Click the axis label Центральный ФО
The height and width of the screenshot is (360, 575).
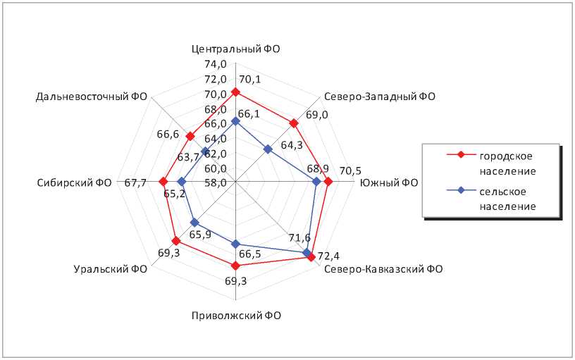pos(236,49)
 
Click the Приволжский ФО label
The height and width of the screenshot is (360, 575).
pos(236,316)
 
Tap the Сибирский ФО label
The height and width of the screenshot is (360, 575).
pos(74,182)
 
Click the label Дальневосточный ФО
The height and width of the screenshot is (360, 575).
pos(91,97)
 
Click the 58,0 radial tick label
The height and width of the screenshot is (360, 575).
pos(215,182)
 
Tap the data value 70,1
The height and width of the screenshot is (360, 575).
pos(249,79)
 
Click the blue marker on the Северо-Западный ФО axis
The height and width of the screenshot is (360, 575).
pos(268,149)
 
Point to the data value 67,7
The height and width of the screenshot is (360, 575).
pos(135,182)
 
